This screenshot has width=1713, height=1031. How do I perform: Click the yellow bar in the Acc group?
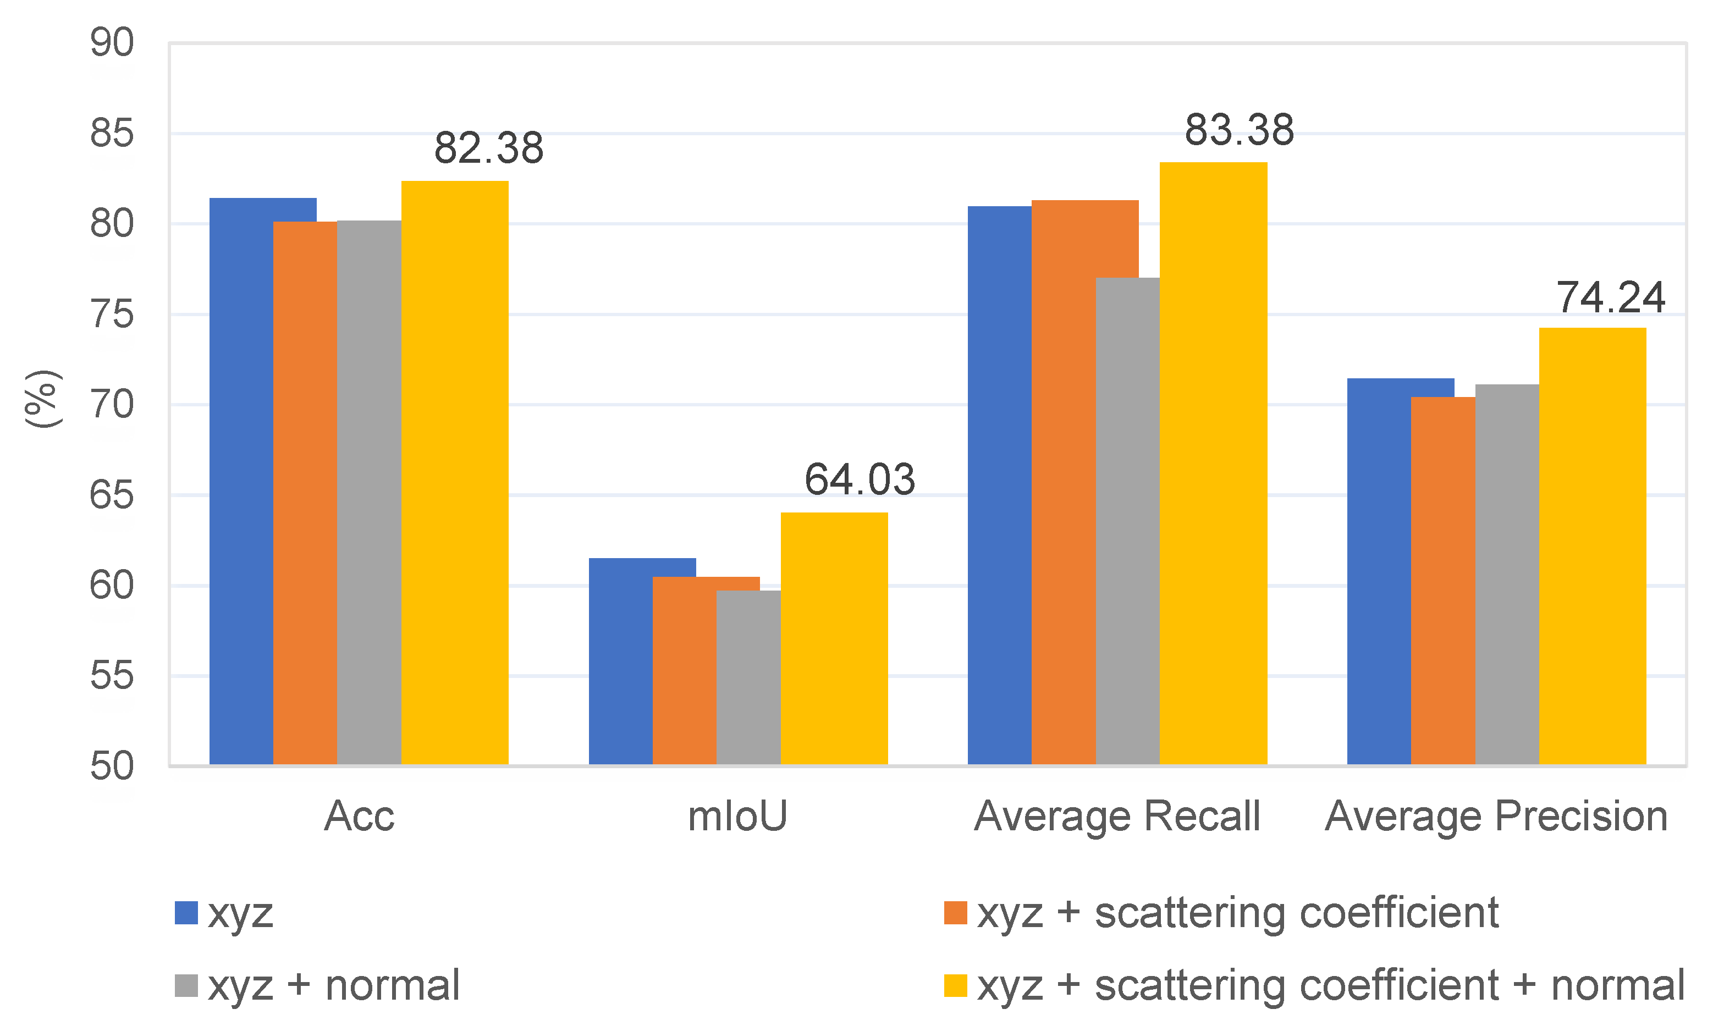pyautogui.click(x=454, y=472)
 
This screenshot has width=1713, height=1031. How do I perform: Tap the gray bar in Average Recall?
pyautogui.click(x=1127, y=521)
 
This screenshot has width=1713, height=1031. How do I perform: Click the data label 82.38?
pyautogui.click(x=488, y=148)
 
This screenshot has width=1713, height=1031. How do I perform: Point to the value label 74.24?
pyautogui.click(x=1610, y=297)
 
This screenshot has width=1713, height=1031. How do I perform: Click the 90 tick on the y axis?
pyautogui.click(x=112, y=42)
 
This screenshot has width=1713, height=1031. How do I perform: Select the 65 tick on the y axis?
pyautogui.click(x=112, y=495)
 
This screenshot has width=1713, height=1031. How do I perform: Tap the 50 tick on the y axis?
pyautogui.click(x=112, y=767)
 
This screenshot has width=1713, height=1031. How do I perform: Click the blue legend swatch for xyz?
pyautogui.click(x=186, y=913)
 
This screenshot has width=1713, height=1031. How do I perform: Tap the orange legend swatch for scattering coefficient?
pyautogui.click(x=955, y=913)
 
